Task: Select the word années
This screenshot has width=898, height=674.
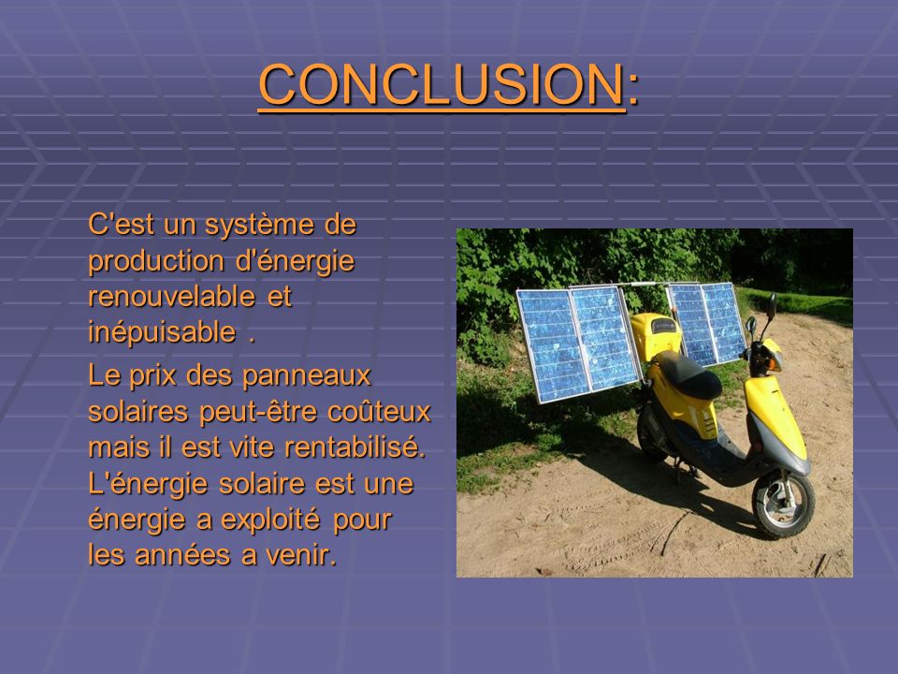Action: pos(178,554)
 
